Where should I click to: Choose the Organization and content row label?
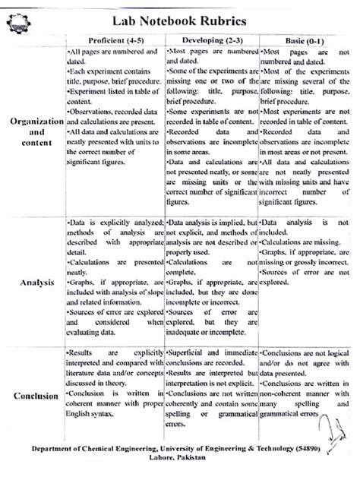(x=33, y=131)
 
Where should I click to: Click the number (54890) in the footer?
(x=323, y=450)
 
